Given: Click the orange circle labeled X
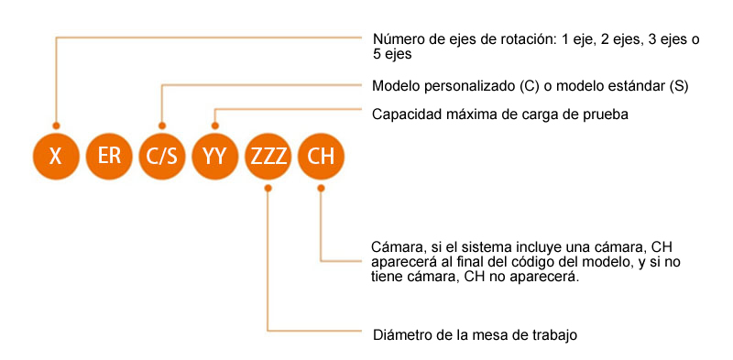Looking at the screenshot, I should [x=56, y=156].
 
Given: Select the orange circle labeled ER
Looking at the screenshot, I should [x=109, y=156].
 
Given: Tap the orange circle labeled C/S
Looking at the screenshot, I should [x=162, y=156].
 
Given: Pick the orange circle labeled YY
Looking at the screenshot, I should [x=215, y=156].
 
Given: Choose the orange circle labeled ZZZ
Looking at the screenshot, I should [x=268, y=156].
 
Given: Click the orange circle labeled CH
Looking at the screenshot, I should [x=321, y=156].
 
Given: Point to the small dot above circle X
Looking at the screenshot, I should [x=56, y=125].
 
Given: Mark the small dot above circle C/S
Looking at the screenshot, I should [x=162, y=125].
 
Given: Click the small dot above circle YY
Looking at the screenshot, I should [x=215, y=125].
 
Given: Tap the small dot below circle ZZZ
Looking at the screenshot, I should [x=268, y=188].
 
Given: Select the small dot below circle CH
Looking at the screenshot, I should [x=321, y=188].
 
